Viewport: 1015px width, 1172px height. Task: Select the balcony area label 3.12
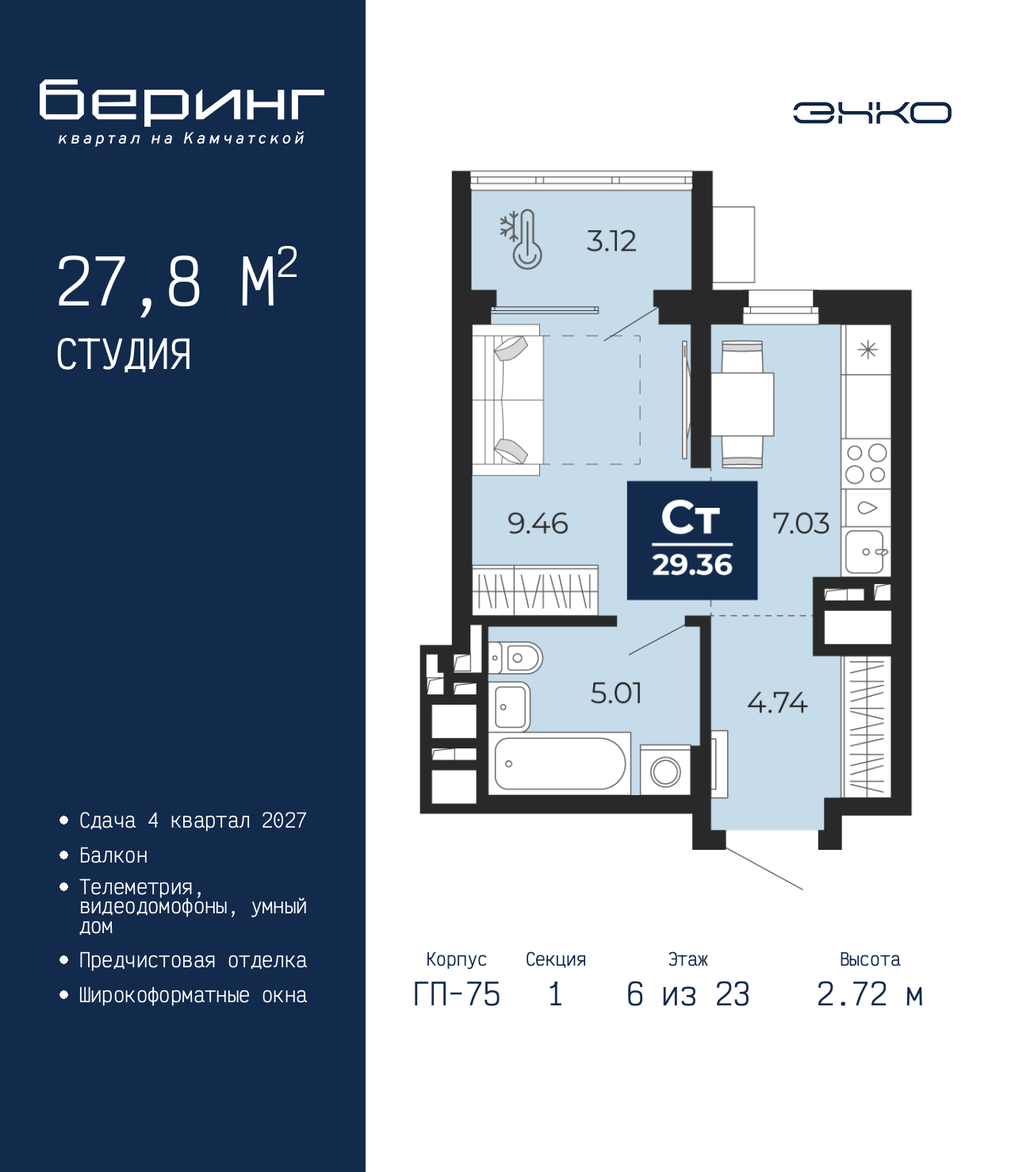(x=611, y=241)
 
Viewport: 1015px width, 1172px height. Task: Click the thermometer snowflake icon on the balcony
(x=521, y=239)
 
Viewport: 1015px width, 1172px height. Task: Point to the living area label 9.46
(x=538, y=523)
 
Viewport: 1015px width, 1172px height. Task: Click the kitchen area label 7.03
(x=802, y=523)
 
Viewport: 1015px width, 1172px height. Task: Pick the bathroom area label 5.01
(x=616, y=693)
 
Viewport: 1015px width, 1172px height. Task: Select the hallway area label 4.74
(x=777, y=703)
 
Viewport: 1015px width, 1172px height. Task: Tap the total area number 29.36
(x=692, y=565)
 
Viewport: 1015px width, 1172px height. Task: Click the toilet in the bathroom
(x=515, y=658)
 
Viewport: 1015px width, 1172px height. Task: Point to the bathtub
(x=560, y=763)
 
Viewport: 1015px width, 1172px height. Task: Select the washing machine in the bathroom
(x=665, y=770)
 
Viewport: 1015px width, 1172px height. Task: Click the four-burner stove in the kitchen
(x=866, y=463)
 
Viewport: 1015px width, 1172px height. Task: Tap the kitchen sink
(x=865, y=551)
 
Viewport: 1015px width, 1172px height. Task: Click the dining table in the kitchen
(x=742, y=404)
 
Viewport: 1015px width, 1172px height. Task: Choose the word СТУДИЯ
(x=124, y=355)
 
